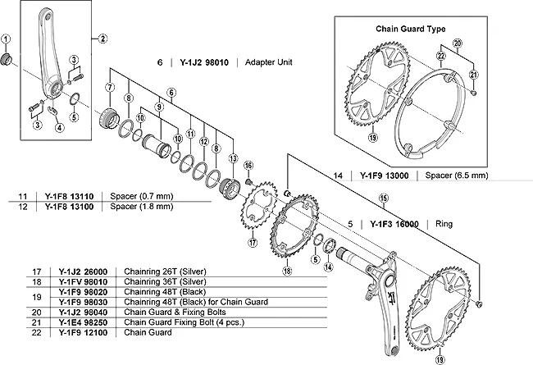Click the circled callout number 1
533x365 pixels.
pos(7,38)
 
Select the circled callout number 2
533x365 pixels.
pos(103,38)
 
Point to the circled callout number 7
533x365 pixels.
pos(110,86)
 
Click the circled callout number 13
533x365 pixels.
pos(233,157)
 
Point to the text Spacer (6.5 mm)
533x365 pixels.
pos(455,176)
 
